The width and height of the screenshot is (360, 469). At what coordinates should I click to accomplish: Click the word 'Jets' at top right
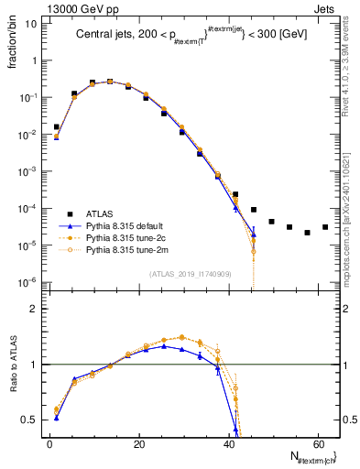(x=327, y=7)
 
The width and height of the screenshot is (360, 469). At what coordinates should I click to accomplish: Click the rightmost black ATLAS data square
(x=325, y=227)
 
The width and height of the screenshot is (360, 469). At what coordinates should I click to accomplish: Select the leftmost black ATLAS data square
(x=57, y=127)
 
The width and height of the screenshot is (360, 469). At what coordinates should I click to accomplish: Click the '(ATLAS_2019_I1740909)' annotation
(x=191, y=273)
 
